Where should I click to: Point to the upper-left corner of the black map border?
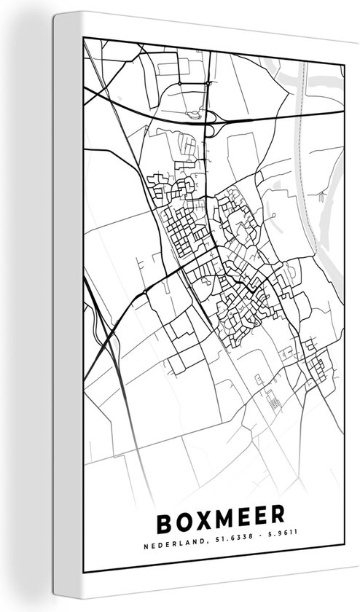[85, 41]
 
